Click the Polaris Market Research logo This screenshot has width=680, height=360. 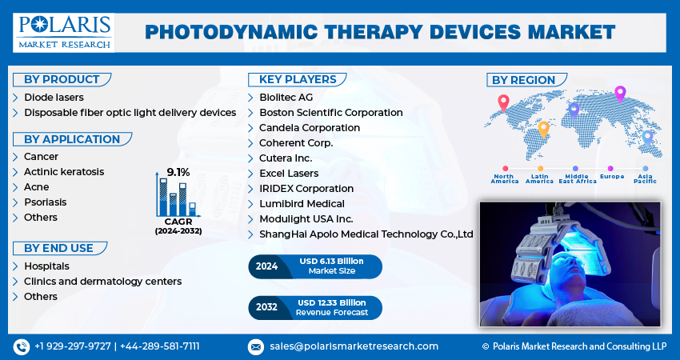pyautogui.click(x=65, y=31)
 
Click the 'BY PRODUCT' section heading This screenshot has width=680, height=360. pyautogui.click(x=62, y=79)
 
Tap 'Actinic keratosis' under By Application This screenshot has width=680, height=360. pyautogui.click(x=64, y=172)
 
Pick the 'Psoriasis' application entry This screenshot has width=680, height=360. pyautogui.click(x=46, y=202)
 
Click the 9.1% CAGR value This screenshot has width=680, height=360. pyautogui.click(x=178, y=172)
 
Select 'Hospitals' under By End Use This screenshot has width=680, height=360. pyautogui.click(x=46, y=266)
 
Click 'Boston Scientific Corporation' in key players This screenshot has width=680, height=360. pyautogui.click(x=330, y=113)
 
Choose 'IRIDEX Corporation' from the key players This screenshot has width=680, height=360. pyautogui.click(x=306, y=189)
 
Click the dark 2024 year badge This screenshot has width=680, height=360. pyautogui.click(x=266, y=266)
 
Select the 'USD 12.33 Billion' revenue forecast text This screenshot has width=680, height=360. pyautogui.click(x=331, y=302)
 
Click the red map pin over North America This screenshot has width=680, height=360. pyautogui.click(x=503, y=102)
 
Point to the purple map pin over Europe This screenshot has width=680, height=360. pyautogui.click(x=619, y=93)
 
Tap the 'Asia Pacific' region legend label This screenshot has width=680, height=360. pyautogui.click(x=645, y=178)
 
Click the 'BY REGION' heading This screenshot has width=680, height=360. pyautogui.click(x=523, y=80)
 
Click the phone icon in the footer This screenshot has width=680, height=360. pyautogui.click(x=21, y=346)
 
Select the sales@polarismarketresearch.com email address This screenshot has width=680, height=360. pyautogui.click(x=354, y=346)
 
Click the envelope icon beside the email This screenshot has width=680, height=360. pyautogui.click(x=256, y=346)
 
